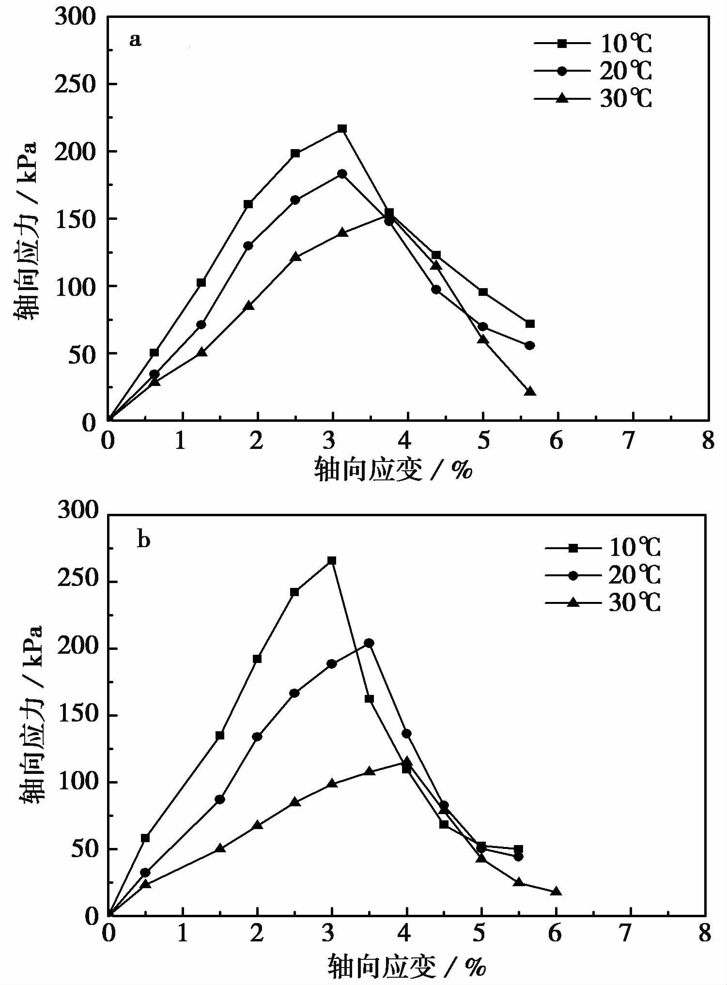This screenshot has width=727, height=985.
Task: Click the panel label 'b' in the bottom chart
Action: [x=144, y=539]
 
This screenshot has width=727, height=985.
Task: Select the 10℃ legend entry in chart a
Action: [x=594, y=44]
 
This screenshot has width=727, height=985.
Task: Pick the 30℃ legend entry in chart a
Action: [x=594, y=99]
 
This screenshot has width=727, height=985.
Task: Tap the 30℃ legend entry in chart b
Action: [x=603, y=603]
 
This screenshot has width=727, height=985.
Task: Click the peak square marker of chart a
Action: [x=342, y=129]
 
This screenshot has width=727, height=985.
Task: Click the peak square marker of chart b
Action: [x=332, y=561]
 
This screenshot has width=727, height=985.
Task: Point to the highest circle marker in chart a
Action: [x=342, y=174]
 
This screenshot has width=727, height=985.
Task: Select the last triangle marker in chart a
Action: [x=530, y=391]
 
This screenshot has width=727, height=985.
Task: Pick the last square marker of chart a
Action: [x=530, y=323]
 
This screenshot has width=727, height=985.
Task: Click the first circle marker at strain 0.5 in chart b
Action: [x=145, y=873]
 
